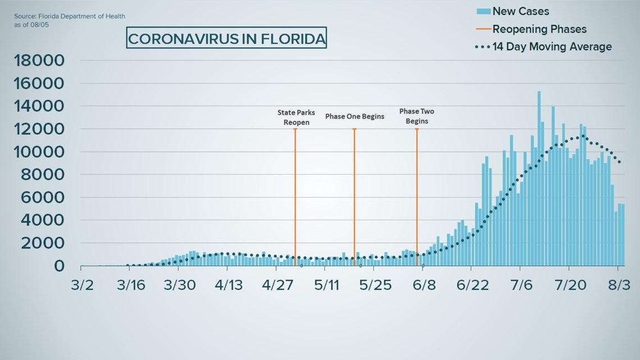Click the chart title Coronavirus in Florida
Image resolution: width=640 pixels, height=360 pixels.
pyautogui.click(x=226, y=39)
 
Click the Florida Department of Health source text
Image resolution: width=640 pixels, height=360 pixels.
pyautogui.click(x=70, y=17)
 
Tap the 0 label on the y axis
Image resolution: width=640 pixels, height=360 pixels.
pyautogui.click(x=59, y=266)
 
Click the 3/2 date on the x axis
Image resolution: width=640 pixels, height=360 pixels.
pyautogui.click(x=82, y=285)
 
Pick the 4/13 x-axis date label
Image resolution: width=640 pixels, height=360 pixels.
pyautogui.click(x=228, y=285)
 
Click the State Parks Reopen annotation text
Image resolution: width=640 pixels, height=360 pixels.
pyautogui.click(x=296, y=117)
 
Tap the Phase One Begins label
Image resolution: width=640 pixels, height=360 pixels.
pyautogui.click(x=355, y=116)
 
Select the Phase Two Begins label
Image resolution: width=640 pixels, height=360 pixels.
pyautogui.click(x=417, y=116)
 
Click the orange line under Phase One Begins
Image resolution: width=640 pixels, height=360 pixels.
pyautogui.click(x=354, y=197)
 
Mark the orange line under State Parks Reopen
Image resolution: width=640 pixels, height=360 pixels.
pyautogui.click(x=295, y=197)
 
